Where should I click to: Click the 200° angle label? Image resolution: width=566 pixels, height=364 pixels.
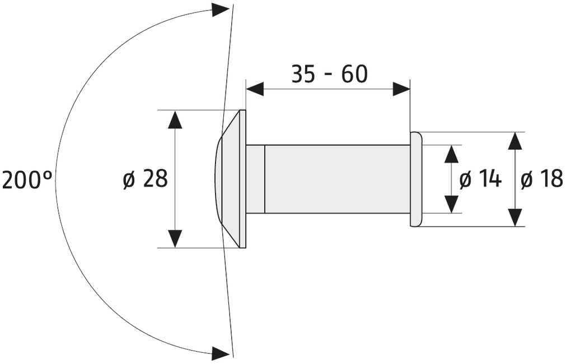(x=27, y=179)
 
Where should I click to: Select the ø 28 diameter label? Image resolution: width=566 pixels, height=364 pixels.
(x=146, y=178)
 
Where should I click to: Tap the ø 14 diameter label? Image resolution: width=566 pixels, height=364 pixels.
(x=481, y=179)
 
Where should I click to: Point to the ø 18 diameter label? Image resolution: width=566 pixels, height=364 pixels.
(x=542, y=179)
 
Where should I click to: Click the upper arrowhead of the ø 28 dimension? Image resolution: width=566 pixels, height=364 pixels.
(x=175, y=119)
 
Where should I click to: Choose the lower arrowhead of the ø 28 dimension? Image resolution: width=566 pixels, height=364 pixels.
(x=175, y=238)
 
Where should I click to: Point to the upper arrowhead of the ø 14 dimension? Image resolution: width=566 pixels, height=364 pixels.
(x=451, y=154)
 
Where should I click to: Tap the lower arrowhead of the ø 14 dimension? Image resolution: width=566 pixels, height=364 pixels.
(x=451, y=204)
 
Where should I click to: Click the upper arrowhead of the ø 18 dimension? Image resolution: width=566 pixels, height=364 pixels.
(x=514, y=141)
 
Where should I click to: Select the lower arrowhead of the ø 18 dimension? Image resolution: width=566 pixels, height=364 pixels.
(x=514, y=217)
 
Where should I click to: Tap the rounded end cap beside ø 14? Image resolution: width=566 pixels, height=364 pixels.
(x=416, y=179)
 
